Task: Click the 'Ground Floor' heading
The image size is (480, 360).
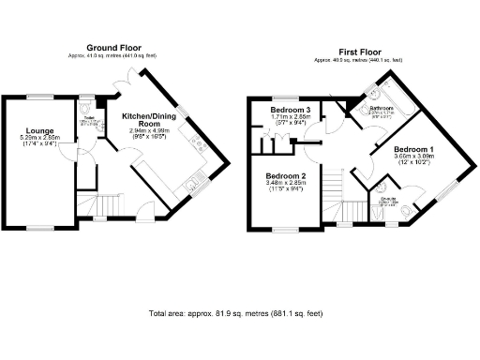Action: [x=114, y=47]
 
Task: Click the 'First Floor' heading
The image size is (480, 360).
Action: [x=365, y=51]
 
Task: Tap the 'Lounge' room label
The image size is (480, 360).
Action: [x=40, y=130]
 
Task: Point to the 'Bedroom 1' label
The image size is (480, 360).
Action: [x=413, y=150]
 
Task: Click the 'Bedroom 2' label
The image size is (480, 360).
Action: [x=287, y=177]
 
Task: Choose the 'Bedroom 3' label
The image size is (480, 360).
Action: [x=292, y=110]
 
